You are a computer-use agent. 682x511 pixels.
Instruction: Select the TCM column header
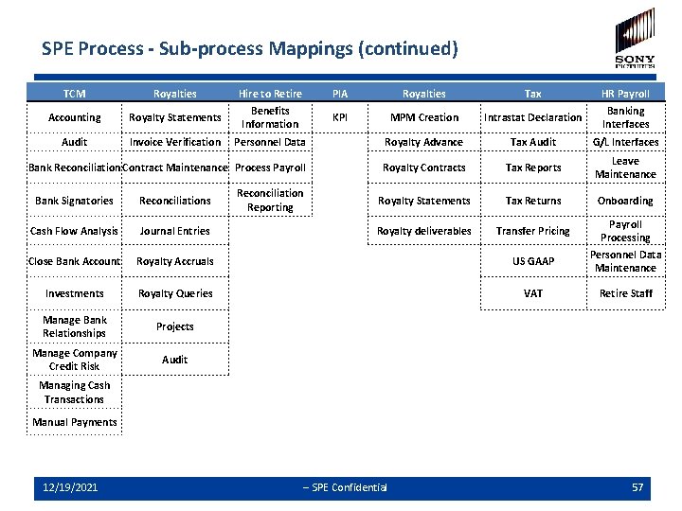74,94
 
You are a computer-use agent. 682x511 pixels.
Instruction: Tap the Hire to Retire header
270,94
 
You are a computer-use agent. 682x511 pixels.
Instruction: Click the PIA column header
340,94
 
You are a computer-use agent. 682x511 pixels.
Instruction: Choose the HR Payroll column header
625,94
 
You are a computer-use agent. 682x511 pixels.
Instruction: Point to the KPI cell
340,117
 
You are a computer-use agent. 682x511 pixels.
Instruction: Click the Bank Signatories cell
74,201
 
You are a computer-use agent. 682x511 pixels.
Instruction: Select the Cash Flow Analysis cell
74,231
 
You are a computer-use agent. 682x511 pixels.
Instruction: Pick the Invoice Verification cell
175,142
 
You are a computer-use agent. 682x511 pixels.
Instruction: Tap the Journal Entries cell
175,231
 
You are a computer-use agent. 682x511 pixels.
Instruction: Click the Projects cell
175,326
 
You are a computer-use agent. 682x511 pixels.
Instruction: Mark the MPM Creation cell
424,117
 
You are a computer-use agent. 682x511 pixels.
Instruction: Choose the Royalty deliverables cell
424,231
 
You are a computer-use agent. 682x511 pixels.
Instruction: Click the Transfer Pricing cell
533,231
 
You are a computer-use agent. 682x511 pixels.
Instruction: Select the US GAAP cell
533,261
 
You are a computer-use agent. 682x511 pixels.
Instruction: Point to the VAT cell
533,293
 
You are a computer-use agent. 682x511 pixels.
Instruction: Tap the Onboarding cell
625,201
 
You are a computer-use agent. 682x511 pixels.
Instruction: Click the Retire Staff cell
625,293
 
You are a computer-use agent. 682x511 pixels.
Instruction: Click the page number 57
637,487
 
